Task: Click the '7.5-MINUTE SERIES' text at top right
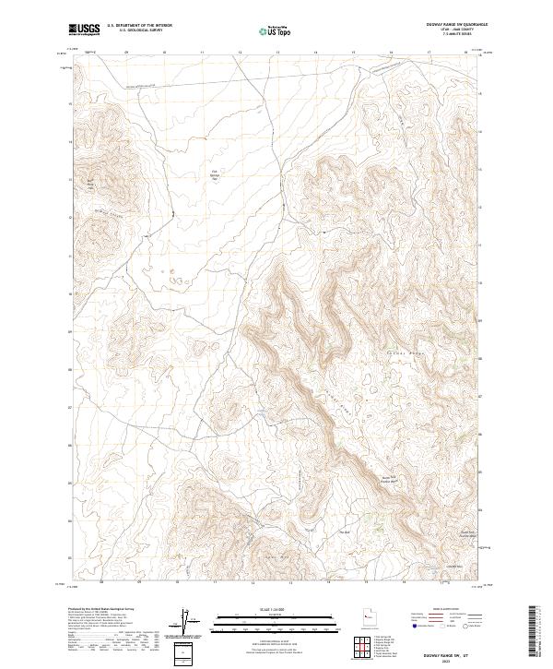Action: (451, 34)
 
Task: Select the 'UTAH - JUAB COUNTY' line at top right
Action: (451, 30)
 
